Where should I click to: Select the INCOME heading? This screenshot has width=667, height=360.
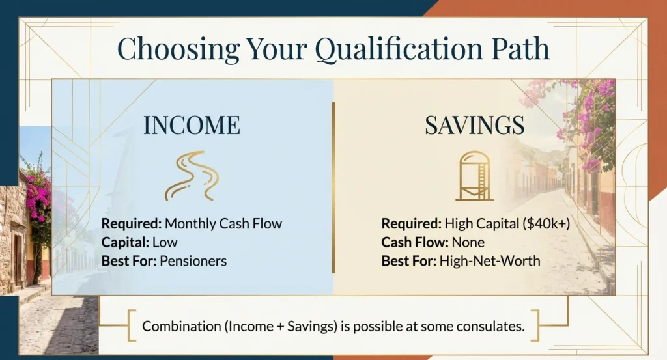192,126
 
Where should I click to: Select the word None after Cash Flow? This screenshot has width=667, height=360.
470,243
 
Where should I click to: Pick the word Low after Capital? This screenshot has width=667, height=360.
165,243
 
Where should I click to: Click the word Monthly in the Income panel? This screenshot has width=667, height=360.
189,224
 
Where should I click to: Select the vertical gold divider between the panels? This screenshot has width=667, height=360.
333,195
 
